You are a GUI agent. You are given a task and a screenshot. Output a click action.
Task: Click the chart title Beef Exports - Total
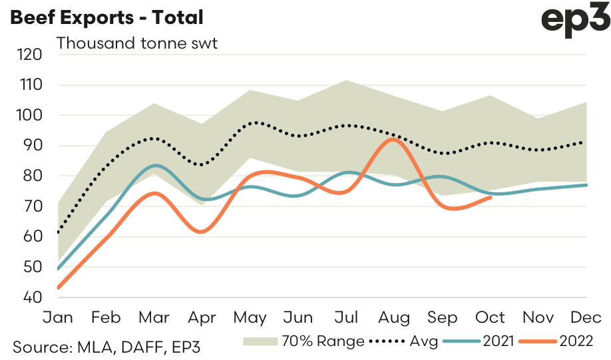click(x=106, y=18)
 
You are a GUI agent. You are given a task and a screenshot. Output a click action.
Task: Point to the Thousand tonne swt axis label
click(x=138, y=45)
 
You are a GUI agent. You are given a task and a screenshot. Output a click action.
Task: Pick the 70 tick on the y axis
click(x=31, y=206)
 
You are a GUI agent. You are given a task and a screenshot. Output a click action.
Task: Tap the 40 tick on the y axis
click(x=31, y=297)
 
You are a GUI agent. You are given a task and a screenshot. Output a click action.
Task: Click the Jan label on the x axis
click(x=58, y=317)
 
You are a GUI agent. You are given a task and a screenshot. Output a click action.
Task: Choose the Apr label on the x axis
click(x=202, y=317)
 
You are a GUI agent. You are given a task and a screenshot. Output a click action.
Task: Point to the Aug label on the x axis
click(x=394, y=317)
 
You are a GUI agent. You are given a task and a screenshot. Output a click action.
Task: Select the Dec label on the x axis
click(x=586, y=317)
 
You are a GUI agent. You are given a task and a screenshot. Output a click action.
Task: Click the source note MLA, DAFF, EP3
click(x=106, y=346)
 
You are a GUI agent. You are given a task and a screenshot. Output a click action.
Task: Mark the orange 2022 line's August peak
click(x=393, y=139)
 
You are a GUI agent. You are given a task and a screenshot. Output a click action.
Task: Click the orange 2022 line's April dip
click(x=202, y=232)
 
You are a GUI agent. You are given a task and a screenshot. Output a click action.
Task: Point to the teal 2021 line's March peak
click(x=155, y=165)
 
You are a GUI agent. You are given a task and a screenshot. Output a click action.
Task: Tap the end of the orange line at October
click(x=491, y=197)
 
